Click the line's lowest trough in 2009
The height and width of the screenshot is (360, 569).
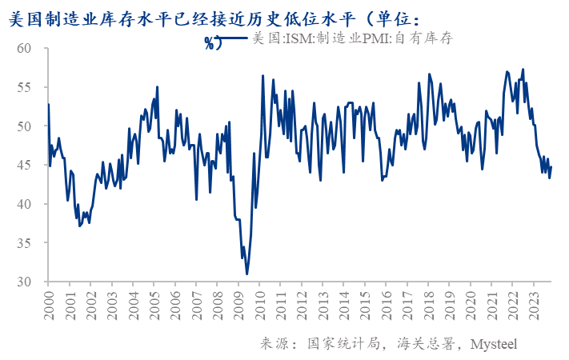[247, 274]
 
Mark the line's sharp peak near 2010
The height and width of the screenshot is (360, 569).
[262, 76]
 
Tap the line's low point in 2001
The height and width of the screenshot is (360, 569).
[79, 226]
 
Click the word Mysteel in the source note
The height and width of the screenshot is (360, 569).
[493, 343]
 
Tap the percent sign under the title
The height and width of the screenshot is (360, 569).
[210, 42]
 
